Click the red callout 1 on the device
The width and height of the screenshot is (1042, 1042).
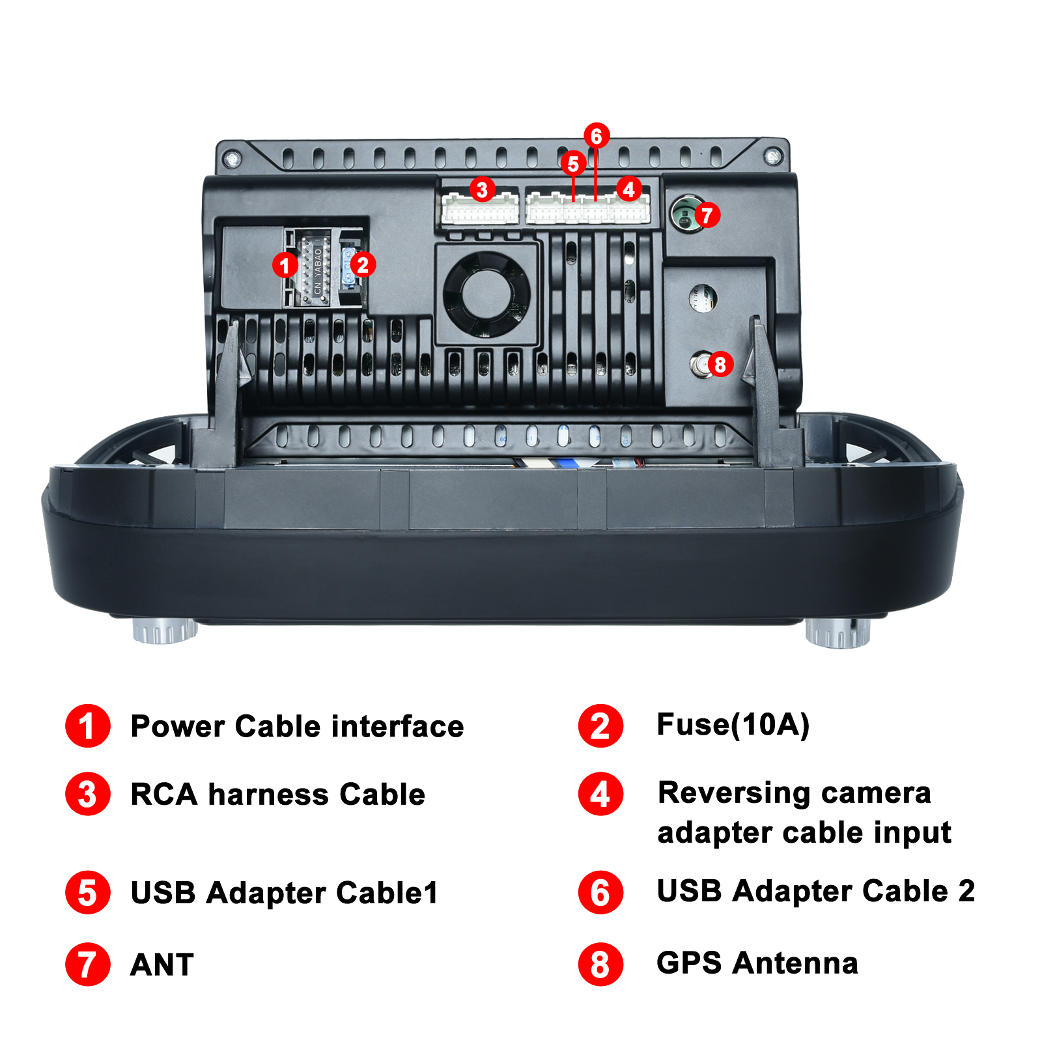click(285, 265)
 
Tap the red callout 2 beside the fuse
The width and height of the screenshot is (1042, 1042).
click(363, 264)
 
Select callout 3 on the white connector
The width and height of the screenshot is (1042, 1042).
click(482, 190)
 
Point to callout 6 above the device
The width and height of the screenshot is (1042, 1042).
click(597, 136)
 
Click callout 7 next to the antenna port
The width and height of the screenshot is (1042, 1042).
click(707, 215)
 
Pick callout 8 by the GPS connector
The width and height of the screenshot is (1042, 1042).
click(720, 364)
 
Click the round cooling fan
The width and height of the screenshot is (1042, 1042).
click(486, 294)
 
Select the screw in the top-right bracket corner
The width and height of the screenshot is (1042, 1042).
click(773, 156)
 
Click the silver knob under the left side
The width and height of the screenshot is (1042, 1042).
click(165, 630)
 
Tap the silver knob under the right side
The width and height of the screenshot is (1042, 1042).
click(838, 633)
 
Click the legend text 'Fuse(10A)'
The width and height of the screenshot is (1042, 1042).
click(733, 725)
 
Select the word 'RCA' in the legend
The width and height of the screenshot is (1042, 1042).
click(164, 795)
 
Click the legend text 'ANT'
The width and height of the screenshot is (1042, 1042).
click(162, 965)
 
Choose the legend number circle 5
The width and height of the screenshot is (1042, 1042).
click(87, 892)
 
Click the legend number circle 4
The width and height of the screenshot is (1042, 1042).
click(600, 794)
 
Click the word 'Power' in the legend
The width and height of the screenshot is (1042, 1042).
click(178, 726)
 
